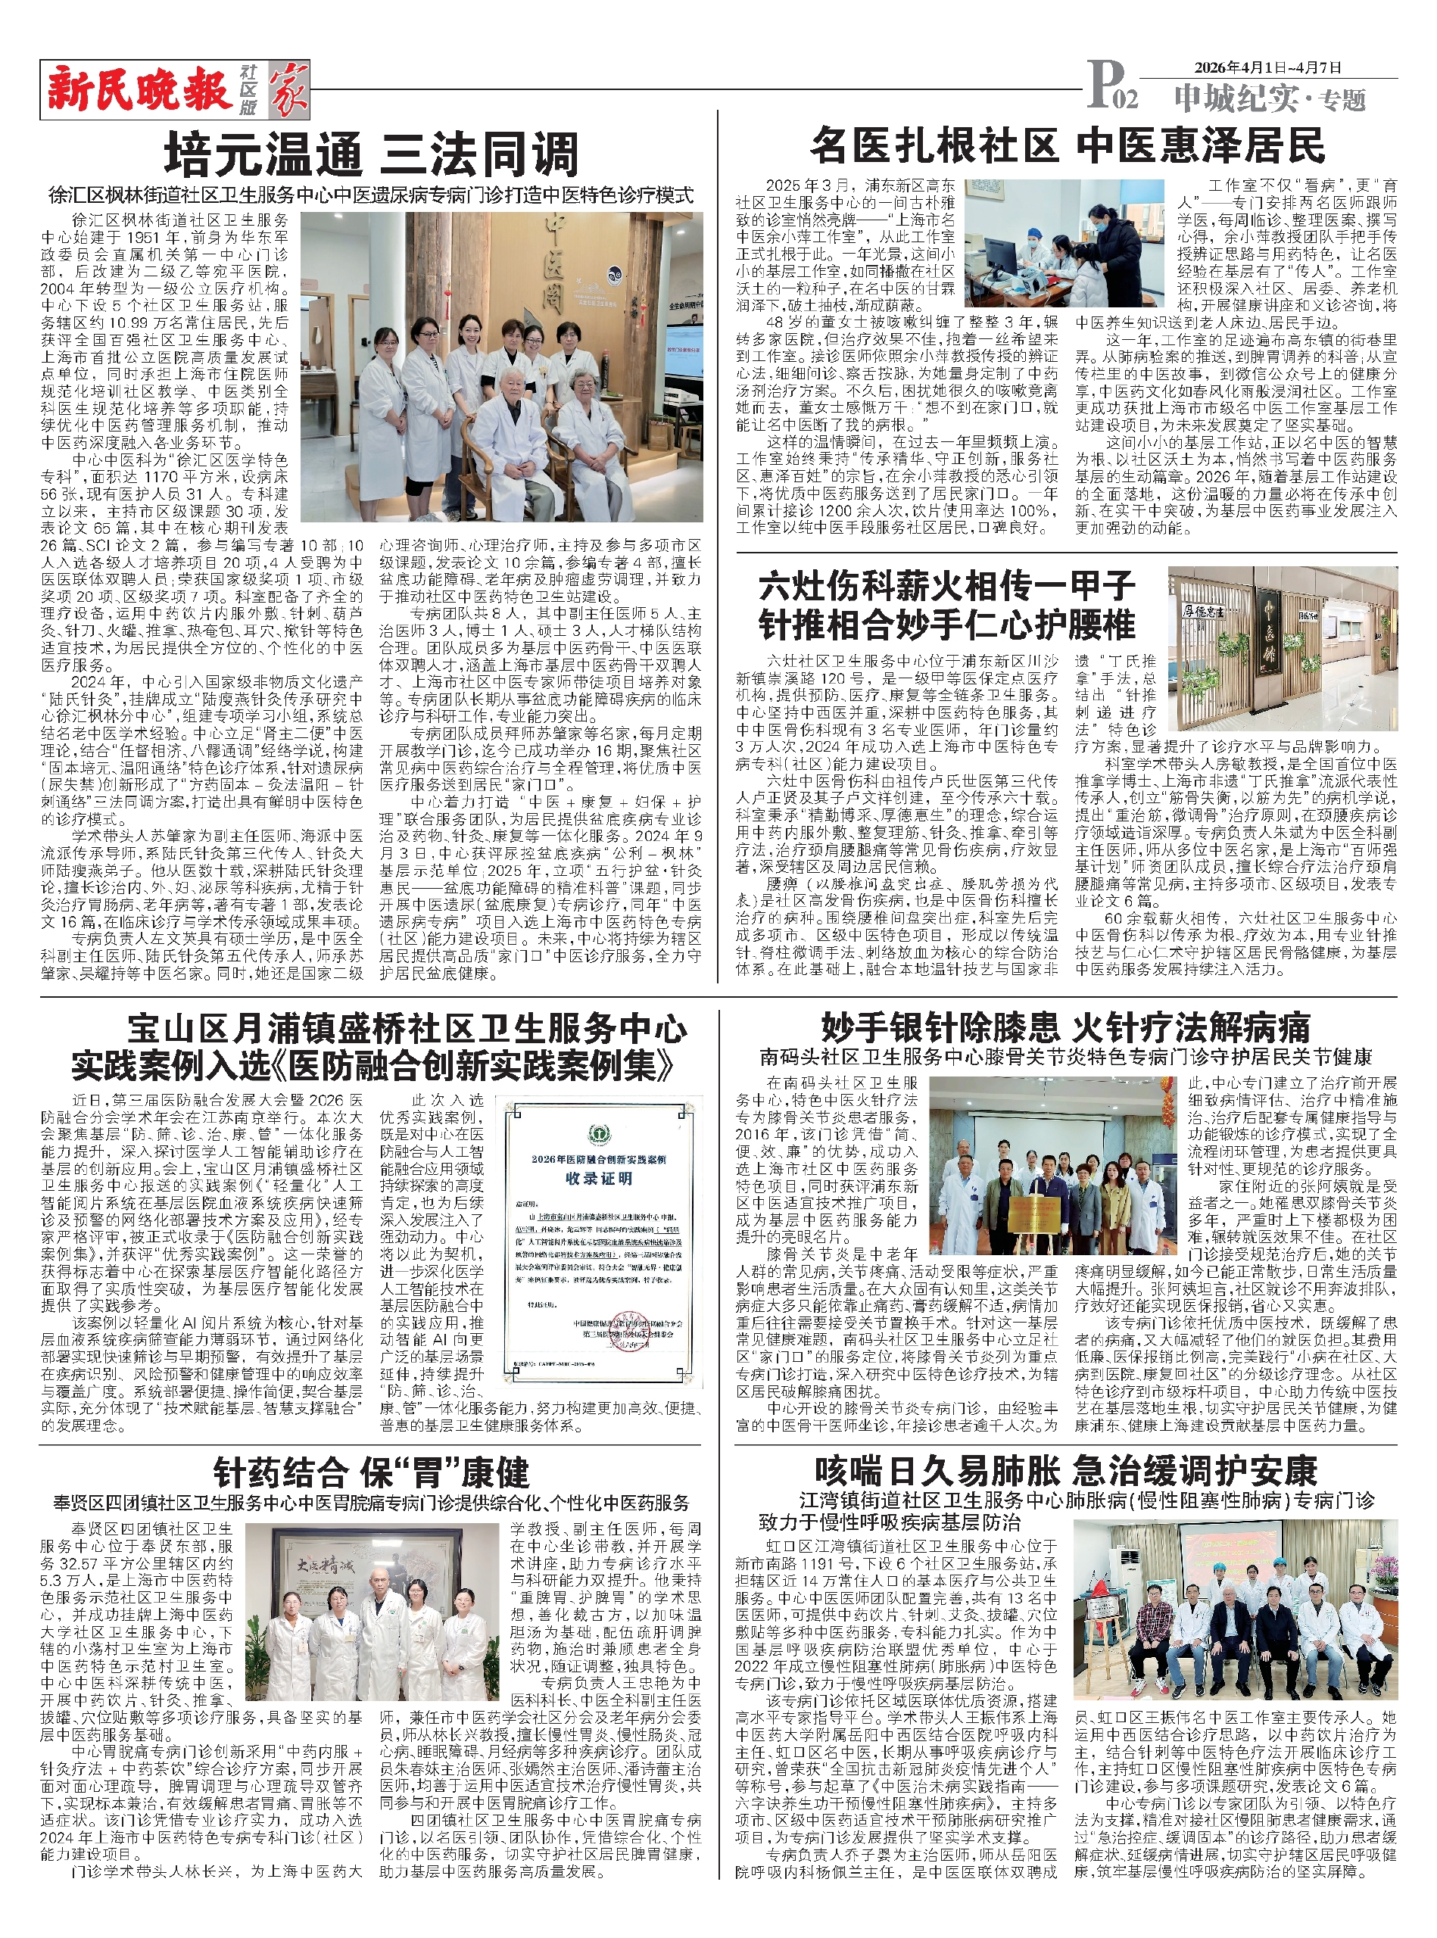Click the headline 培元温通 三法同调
372,156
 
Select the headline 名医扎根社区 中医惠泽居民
1068,145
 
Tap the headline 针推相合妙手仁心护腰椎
946,625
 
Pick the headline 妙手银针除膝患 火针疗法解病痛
1065,1029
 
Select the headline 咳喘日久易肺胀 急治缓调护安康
1065,1471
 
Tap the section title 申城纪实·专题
1269,99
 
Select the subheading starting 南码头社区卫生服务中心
1065,1058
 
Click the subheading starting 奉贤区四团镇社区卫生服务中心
372,1503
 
